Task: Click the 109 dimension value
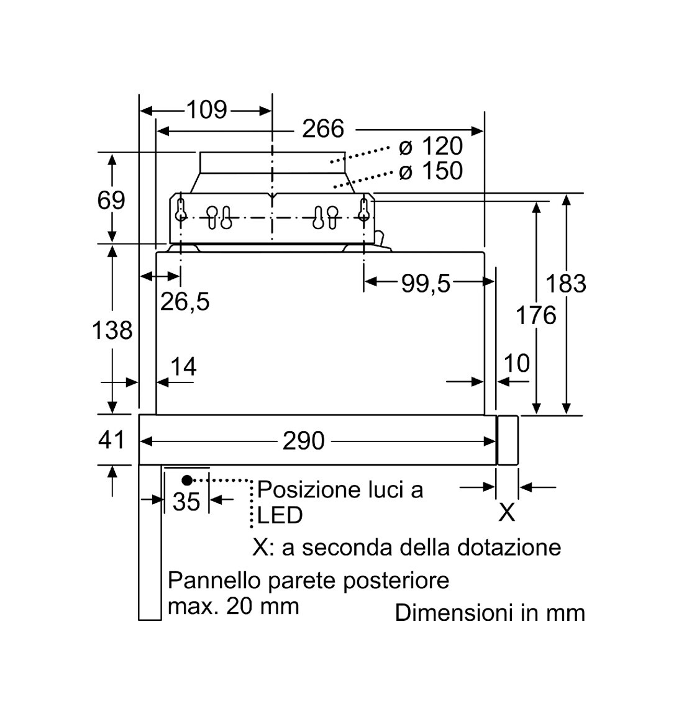pos(207,110)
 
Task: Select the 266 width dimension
pos(322,129)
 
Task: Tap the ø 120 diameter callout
pos(431,146)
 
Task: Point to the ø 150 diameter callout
pos(431,171)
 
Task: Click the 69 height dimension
pos(111,200)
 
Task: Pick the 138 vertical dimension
pos(112,330)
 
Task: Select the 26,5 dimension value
pos(185,302)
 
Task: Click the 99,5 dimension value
pos(426,283)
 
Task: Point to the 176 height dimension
pos(536,315)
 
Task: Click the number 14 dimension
pos(183,366)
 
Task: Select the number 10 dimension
pos(516,363)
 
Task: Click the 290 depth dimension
pos(304,440)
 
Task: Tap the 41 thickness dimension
pos(111,440)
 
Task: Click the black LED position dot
pos(187,480)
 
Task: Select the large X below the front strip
pos(507,512)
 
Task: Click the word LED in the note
pos(280,515)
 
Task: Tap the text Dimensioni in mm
pos(490,612)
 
